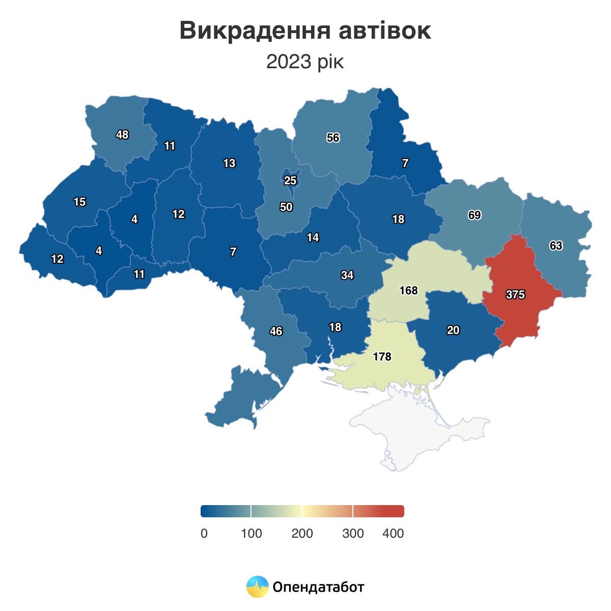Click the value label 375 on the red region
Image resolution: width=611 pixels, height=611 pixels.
515,294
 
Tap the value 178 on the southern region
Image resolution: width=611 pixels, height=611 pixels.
382,356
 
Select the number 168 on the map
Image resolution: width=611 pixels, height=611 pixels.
408,290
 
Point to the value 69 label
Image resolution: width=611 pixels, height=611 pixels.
475,215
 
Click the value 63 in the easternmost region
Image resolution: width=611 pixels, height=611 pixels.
556,245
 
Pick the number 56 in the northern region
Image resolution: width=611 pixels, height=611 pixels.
333,137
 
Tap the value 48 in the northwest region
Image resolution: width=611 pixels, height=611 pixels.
122,134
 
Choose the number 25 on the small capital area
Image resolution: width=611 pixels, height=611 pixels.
290,180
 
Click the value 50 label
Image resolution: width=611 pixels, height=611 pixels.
286,207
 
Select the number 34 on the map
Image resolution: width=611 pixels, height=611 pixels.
347,275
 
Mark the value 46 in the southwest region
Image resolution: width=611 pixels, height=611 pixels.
276,331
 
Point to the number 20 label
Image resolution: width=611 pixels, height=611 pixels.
453,330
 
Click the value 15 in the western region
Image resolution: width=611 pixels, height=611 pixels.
79,202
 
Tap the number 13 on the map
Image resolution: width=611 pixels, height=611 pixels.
229,163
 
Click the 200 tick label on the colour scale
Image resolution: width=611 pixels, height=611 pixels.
302,533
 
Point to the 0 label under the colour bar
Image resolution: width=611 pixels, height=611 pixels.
204,533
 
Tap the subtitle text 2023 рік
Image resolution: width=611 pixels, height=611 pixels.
305,62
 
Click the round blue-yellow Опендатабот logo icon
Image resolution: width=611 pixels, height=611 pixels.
257,587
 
